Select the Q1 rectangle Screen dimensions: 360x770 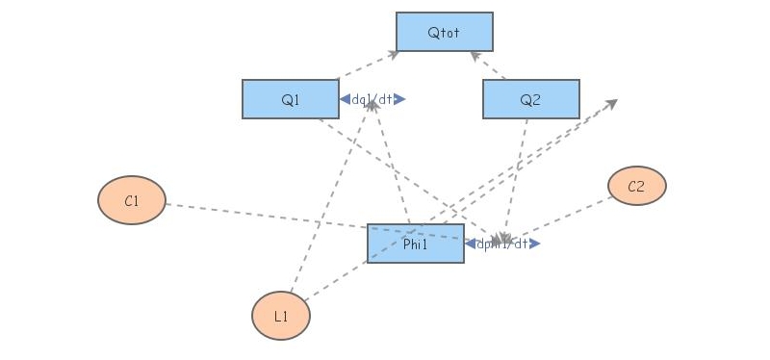click(290, 99)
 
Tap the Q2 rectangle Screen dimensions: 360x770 click(530, 99)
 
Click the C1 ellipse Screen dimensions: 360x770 click(132, 200)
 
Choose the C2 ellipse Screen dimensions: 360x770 click(636, 186)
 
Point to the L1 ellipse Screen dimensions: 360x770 click(280, 316)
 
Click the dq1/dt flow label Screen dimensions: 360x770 click(372, 99)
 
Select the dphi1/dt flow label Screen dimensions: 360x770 click(501, 244)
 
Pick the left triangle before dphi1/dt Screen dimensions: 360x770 click(470, 244)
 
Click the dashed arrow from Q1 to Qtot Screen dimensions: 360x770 click(366, 65)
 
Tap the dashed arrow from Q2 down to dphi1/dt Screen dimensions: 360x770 click(515, 173)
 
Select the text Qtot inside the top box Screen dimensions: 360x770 click(444, 33)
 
